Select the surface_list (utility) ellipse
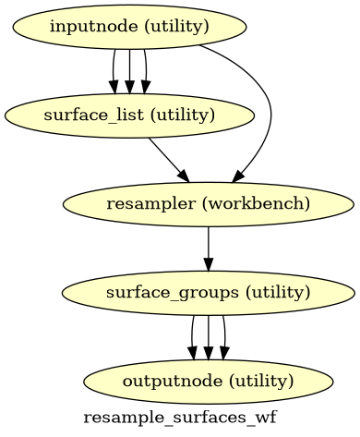(x=129, y=115)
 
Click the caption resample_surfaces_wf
(x=180, y=418)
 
